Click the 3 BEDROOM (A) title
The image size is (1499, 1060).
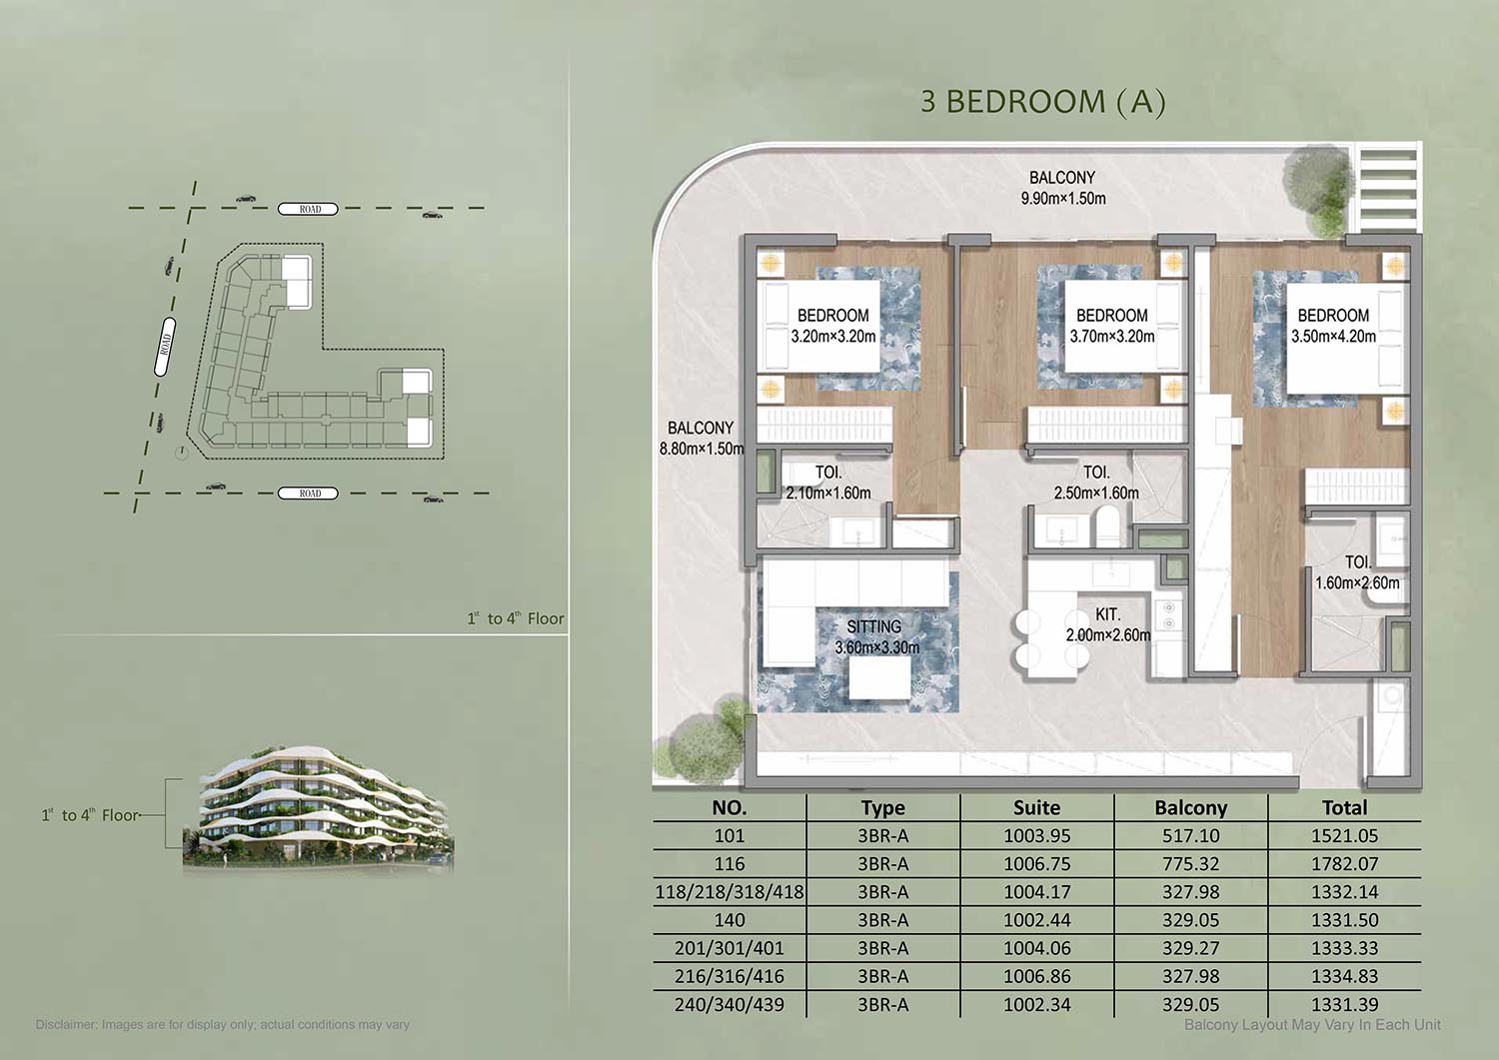tap(1042, 102)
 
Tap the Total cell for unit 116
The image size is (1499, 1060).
tap(1344, 864)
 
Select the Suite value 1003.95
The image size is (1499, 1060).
tap(1036, 836)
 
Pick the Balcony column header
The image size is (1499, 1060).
tap(1190, 807)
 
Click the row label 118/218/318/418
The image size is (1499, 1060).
tap(730, 892)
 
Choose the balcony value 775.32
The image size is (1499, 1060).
tap(1190, 864)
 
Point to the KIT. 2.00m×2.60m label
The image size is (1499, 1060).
tap(1108, 624)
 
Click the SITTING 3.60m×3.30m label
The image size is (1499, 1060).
tap(876, 637)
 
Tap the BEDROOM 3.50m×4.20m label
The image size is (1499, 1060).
tap(1333, 326)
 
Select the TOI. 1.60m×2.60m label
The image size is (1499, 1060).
tap(1357, 572)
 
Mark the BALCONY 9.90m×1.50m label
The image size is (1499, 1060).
tap(1062, 188)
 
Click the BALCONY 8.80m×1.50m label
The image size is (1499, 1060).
tap(701, 438)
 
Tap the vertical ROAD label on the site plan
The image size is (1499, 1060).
tap(165, 346)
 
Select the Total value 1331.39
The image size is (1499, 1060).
tap(1344, 1004)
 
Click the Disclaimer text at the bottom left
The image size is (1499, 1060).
tap(222, 1024)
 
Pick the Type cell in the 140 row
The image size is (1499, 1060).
tap(883, 920)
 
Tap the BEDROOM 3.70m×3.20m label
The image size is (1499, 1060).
tap(1111, 326)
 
